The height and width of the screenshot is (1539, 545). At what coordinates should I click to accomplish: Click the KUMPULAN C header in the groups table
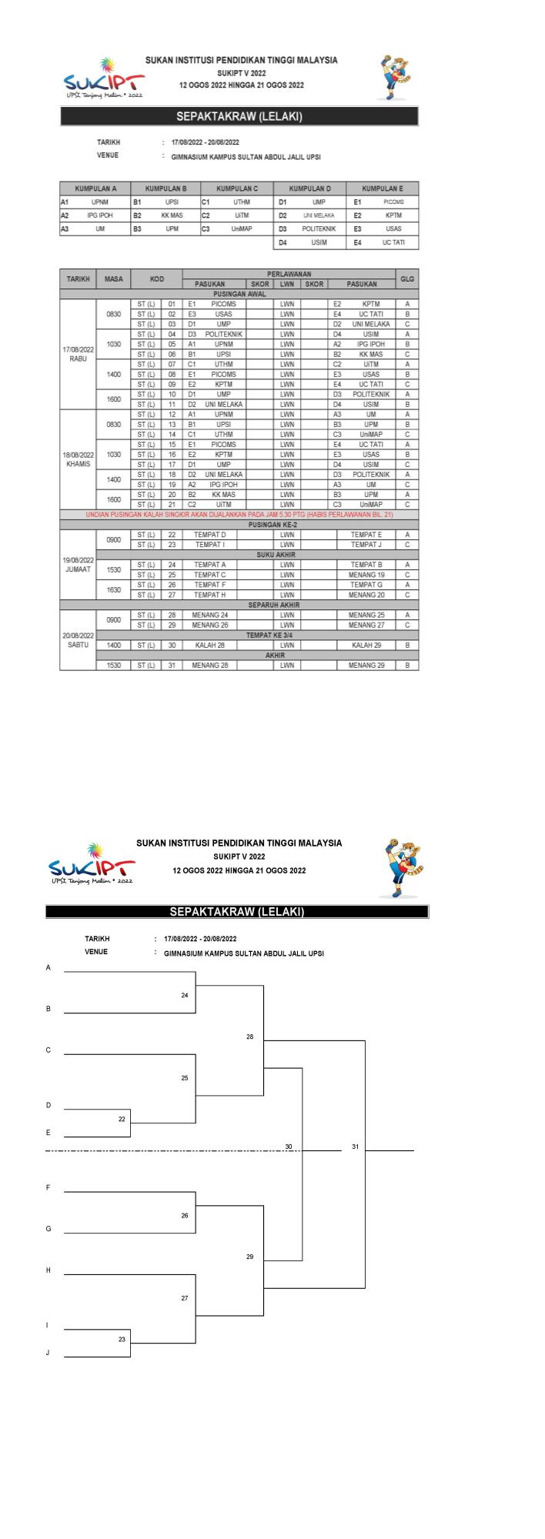pos(236,188)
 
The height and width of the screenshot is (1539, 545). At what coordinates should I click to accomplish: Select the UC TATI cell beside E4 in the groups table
pos(393,242)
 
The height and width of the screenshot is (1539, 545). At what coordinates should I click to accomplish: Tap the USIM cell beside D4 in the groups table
pos(319,242)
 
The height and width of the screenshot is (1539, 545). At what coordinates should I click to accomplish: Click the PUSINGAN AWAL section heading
pos(239,294)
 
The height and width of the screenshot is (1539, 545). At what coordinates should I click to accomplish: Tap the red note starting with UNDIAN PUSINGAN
pos(239,515)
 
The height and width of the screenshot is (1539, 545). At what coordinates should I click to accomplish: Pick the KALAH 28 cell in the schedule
pos(209,645)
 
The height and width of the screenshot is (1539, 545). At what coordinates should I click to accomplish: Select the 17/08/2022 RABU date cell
pos(78,354)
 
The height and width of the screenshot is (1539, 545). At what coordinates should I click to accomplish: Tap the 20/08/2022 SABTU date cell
pos(78,640)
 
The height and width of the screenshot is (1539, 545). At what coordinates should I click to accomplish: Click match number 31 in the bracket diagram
pos(355,1147)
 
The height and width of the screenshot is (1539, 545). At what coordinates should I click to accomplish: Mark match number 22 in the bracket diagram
pos(122,1119)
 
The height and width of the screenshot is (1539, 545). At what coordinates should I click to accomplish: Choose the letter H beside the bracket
pos(48,1270)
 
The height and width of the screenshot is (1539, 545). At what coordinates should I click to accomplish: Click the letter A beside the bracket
pos(48,967)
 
